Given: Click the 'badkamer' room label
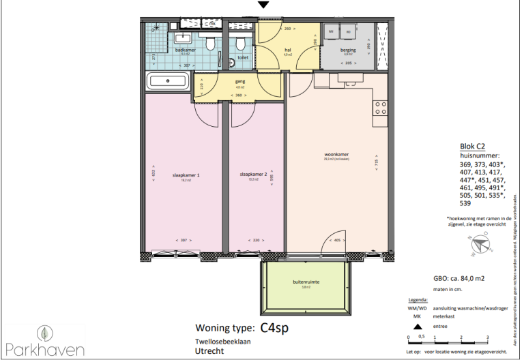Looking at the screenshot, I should click(186, 50).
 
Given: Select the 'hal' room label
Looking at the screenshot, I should click(287, 50).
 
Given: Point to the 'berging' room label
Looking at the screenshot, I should click(348, 50).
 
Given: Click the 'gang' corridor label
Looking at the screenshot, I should click(239, 81).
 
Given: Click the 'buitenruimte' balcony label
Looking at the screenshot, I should click(307, 282).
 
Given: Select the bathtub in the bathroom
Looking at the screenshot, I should click(169, 82).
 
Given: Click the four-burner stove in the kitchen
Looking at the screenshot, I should click(379, 108).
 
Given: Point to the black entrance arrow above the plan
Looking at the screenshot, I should click(263, 5).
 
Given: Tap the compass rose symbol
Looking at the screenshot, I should click(481, 243).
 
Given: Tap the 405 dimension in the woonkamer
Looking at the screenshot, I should click(336, 241).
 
